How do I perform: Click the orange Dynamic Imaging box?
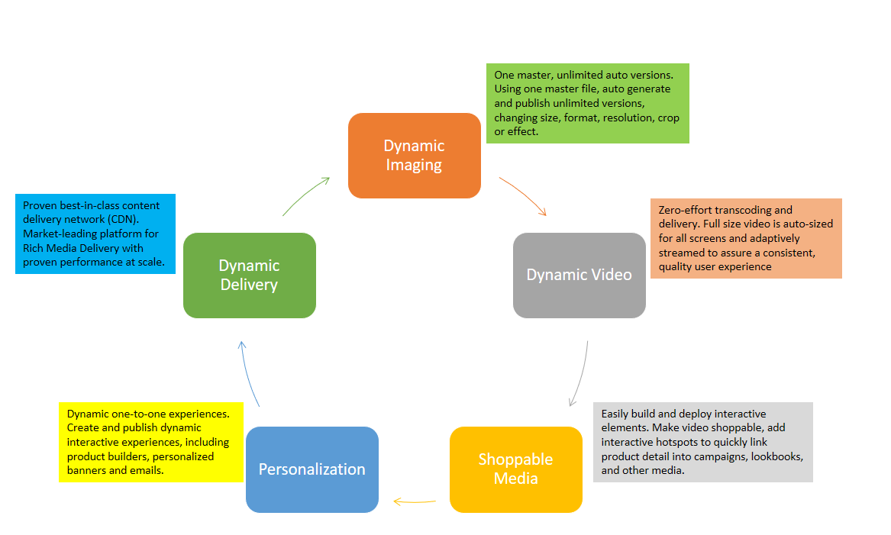[414, 156]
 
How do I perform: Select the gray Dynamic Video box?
[579, 275]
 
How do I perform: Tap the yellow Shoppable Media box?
[515, 469]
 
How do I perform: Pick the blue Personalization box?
[312, 469]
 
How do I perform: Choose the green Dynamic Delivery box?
[249, 275]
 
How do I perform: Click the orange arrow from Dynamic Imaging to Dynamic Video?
[524, 196]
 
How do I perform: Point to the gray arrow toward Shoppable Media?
[581, 374]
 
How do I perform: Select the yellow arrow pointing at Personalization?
[414, 501]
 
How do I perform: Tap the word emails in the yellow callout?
[147, 471]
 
